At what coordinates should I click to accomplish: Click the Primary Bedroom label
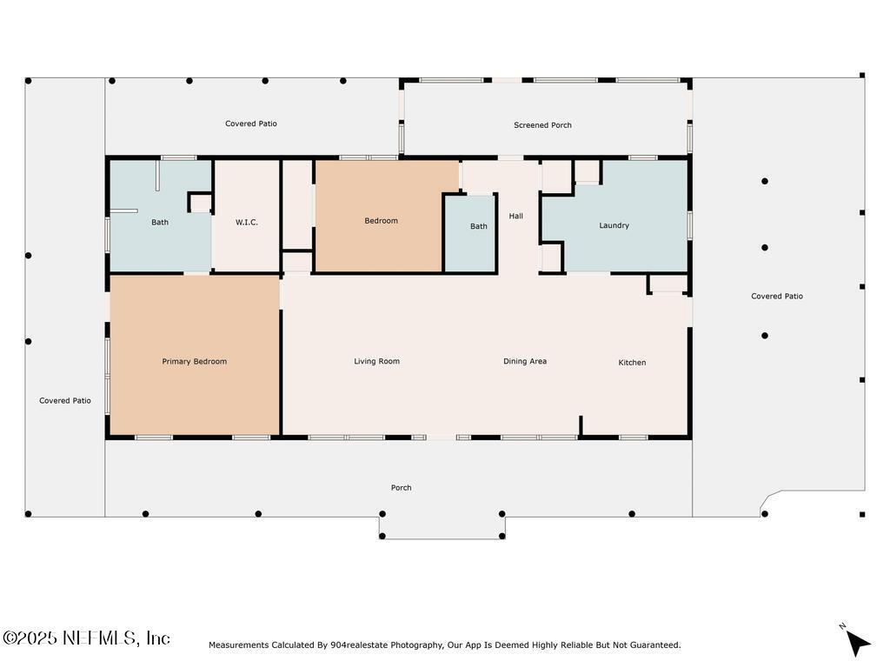click(194, 361)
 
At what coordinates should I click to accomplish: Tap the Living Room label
click(377, 361)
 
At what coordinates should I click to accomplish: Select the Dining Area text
click(525, 361)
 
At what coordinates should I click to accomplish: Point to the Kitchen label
click(632, 363)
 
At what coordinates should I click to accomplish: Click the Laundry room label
click(614, 225)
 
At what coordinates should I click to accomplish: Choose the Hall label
click(516, 216)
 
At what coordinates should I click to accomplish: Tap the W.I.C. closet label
click(246, 222)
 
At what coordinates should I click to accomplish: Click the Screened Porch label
click(542, 125)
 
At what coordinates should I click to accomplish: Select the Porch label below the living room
click(402, 487)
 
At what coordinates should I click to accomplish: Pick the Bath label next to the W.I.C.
click(160, 222)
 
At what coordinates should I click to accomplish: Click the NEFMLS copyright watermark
click(86, 638)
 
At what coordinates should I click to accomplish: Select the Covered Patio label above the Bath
click(251, 124)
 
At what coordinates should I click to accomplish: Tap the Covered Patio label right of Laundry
click(777, 296)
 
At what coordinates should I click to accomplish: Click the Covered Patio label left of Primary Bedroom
click(65, 400)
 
